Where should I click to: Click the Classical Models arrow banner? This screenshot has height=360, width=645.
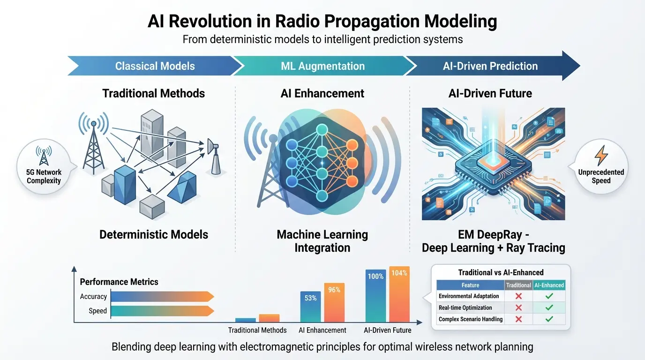pyautogui.click(x=155, y=66)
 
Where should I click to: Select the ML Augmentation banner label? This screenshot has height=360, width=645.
pyautogui.click(x=322, y=66)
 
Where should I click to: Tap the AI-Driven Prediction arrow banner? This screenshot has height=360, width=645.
pyautogui.click(x=490, y=66)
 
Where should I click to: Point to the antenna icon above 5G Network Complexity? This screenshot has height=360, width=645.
pyautogui.click(x=44, y=157)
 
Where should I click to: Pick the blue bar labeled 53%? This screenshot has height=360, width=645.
pyautogui.click(x=310, y=306)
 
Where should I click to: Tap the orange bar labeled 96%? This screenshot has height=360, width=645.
pyautogui.click(x=334, y=302)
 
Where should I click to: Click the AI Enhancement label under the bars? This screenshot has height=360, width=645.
pyautogui.click(x=322, y=330)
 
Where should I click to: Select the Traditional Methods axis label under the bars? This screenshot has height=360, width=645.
pyautogui.click(x=257, y=330)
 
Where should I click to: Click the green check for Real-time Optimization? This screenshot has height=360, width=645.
pyautogui.click(x=549, y=307)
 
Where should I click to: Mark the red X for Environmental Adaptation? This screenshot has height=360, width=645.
pyautogui.click(x=518, y=296)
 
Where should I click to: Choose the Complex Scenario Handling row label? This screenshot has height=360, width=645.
pyautogui.click(x=471, y=319)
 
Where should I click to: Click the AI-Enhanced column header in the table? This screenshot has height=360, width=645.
pyautogui.click(x=549, y=285)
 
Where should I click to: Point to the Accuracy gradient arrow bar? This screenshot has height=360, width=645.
pyautogui.click(x=162, y=296)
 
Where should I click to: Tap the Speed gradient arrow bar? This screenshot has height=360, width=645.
pyautogui.click(x=162, y=311)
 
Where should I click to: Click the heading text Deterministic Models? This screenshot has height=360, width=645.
pyautogui.click(x=154, y=234)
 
